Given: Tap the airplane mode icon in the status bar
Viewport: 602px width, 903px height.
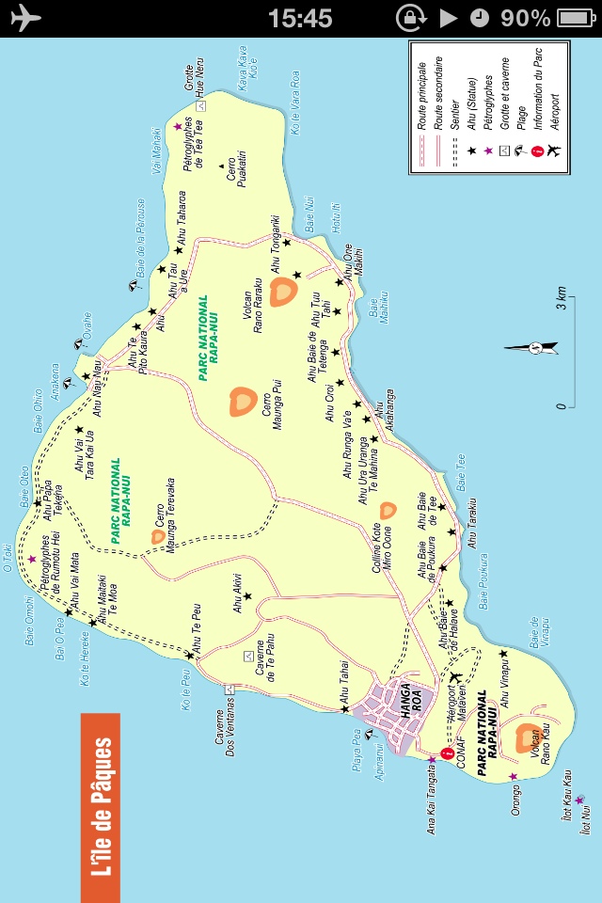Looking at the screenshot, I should [x=26, y=18].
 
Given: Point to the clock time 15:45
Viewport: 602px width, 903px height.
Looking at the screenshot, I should [x=300, y=18].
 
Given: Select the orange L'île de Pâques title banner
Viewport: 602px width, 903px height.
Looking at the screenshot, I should [x=100, y=806].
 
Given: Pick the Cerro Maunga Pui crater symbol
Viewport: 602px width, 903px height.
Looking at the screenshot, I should [x=242, y=402].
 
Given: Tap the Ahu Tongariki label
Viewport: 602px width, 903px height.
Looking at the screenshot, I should [x=276, y=246].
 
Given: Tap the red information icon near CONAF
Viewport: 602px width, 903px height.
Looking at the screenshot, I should [x=448, y=753].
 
